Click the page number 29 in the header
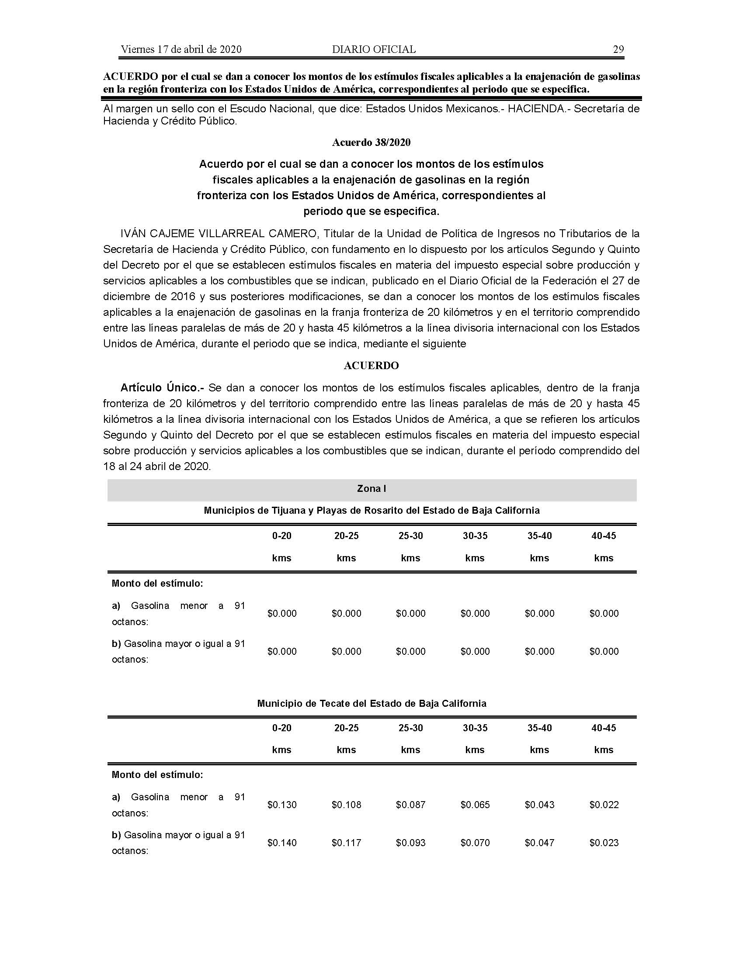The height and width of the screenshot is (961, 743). [618, 49]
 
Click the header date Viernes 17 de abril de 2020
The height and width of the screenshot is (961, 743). [181, 49]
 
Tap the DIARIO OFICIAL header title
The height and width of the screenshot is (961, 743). [374, 49]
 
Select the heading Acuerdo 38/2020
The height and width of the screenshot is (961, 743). [371, 142]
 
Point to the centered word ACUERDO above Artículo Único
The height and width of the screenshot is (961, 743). [371, 366]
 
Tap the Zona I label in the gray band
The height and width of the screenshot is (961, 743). [371, 488]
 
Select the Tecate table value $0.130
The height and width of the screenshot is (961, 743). [282, 805]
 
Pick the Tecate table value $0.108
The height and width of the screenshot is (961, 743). [347, 805]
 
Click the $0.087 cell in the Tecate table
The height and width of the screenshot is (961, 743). [411, 805]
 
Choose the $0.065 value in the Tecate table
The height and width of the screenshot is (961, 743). [475, 805]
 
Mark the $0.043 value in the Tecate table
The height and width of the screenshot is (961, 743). [540, 805]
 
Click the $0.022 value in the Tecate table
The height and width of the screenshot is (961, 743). [604, 805]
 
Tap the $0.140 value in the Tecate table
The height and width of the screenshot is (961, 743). [282, 843]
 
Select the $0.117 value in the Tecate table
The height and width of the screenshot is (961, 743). [347, 843]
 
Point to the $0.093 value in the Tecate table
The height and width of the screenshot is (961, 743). [411, 843]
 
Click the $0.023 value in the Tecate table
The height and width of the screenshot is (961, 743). [604, 843]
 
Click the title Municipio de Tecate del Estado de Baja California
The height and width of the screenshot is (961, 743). [371, 704]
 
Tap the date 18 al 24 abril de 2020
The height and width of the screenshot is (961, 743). [157, 467]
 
